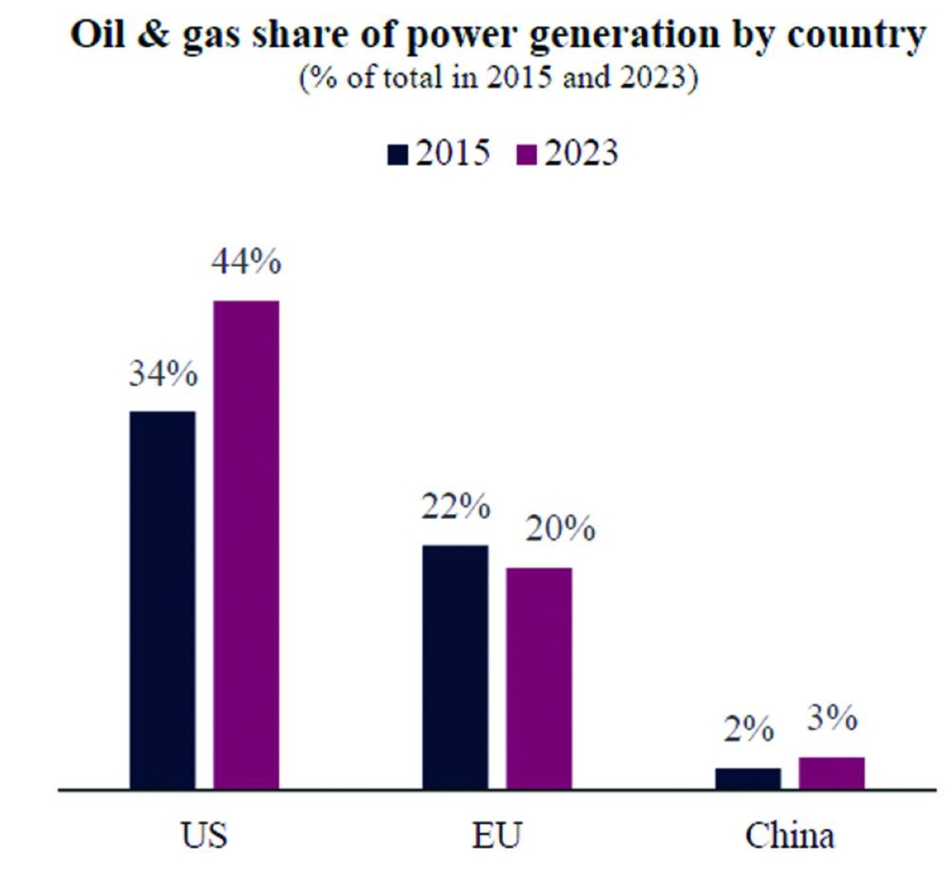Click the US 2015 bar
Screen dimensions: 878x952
pos(163,600)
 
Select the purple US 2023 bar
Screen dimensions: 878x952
pos(246,545)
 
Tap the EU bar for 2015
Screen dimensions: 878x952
pos(455,667)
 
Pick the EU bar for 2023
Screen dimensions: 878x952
pos(539,678)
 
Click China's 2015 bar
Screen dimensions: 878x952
pos(748,779)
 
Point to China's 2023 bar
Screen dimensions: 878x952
pos(831,773)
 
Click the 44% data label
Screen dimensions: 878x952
pos(246,262)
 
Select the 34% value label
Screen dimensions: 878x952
pos(163,373)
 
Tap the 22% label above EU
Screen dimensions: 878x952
pos(455,506)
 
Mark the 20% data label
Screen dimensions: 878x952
pos(560,528)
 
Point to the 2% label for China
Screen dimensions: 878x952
pos(748,730)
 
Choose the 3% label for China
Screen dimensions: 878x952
pos(832,718)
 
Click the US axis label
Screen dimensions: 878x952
pos(204,835)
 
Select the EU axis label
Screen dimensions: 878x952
pos(497,835)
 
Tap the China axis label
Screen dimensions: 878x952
pos(789,835)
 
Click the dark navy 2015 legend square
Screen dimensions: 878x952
pos(397,154)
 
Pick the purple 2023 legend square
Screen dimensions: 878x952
pos(526,154)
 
